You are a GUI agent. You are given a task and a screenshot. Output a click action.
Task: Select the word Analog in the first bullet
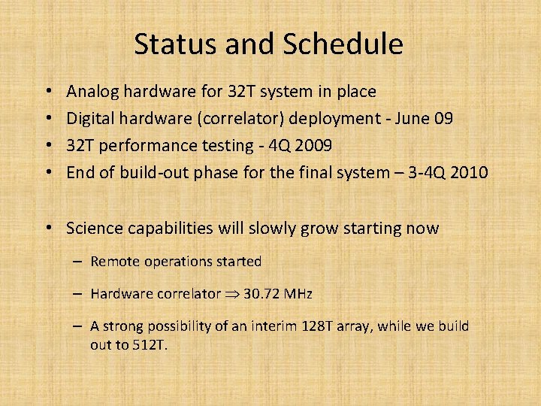[x=91, y=92]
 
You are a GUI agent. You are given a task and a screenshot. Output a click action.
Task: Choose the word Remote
[x=113, y=262]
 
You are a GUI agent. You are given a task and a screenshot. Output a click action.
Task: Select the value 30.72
[x=263, y=294]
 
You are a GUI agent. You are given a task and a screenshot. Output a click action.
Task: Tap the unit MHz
[x=299, y=294]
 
